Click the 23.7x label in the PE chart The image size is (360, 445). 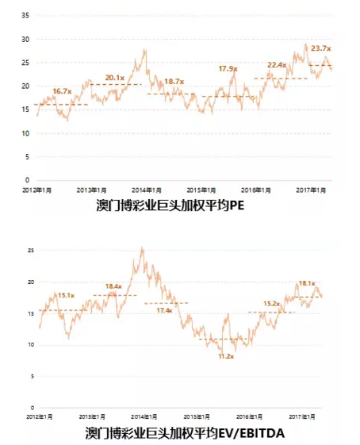tap(320, 49)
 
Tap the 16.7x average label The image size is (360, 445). tap(62, 92)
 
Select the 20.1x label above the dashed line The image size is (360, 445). tap(115, 77)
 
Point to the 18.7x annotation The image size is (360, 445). tap(174, 82)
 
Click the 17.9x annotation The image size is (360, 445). tap(228, 69)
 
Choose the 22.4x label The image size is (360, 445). tap(277, 65)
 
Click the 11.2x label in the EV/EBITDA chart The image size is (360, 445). tap(225, 357)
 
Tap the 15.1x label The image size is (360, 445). tap(66, 295)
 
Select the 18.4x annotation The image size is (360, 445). tap(113, 286)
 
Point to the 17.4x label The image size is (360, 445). tap(164, 310)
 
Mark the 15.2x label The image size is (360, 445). tap(271, 304)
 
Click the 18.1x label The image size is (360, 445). tap(306, 283)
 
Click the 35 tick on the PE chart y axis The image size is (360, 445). tap(25, 16)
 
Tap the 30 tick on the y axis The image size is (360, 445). tap(25, 39)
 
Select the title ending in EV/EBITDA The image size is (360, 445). tap(184, 433)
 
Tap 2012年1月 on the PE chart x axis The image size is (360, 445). tap(36, 190)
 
